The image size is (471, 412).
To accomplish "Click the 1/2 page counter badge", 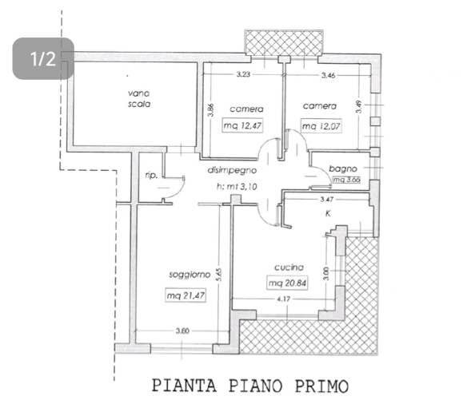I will (43, 58).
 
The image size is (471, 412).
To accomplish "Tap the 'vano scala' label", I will (138, 97).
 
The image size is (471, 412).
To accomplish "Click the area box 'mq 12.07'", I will (321, 126).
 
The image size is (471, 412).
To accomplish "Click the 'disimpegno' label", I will (231, 171).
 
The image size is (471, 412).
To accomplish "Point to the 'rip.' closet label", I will (150, 176).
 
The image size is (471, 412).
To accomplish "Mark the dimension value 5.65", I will (218, 274).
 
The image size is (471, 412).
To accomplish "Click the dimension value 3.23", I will (243, 75).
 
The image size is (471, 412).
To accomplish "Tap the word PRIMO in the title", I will (321, 386).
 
